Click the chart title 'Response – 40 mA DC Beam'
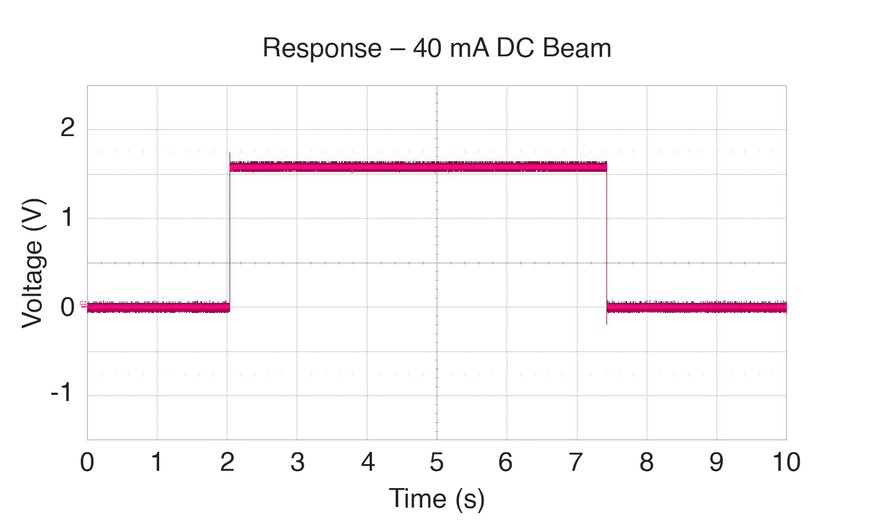pos(437,49)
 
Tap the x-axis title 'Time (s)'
pos(437,498)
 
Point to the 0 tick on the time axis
pos(87,462)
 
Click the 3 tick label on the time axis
pos(297,462)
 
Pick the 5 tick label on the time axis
pos(437,462)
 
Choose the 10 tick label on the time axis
pos(786,462)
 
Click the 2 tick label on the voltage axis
pos(68,128)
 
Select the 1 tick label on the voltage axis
pos(68,217)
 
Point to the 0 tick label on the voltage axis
pos(68,307)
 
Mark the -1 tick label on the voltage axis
pos(61,393)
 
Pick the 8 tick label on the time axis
pos(647,462)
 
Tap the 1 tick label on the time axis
pos(157,462)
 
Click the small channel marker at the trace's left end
pos(83,304)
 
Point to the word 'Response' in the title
pos(322,49)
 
